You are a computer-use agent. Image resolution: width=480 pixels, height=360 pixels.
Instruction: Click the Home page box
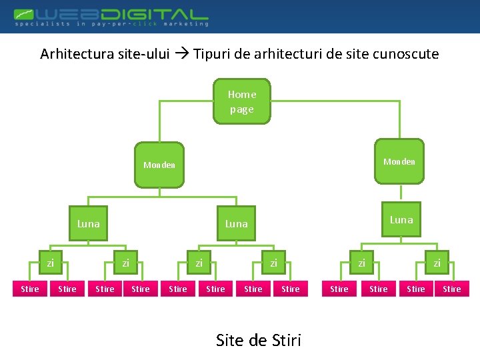(x=242, y=101)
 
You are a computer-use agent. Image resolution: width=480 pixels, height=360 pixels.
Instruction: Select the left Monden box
(x=159, y=165)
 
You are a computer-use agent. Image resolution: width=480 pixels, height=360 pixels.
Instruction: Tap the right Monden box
(x=399, y=161)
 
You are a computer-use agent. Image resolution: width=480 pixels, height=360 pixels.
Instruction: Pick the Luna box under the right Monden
(x=401, y=219)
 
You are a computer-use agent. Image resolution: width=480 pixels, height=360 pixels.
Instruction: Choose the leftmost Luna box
(x=88, y=223)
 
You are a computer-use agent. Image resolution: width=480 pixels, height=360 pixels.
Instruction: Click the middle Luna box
(x=236, y=223)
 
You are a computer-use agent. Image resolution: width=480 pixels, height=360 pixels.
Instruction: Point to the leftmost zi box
(x=50, y=263)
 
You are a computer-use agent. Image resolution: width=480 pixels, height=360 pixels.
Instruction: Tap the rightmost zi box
(x=437, y=263)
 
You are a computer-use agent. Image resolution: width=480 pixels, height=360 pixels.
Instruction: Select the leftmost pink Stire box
(x=30, y=289)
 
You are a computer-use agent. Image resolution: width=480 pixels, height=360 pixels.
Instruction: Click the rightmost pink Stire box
(x=452, y=289)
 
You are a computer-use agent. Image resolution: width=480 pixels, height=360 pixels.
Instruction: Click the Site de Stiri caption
(x=259, y=341)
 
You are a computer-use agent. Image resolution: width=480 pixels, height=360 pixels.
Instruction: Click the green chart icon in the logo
(x=23, y=13)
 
